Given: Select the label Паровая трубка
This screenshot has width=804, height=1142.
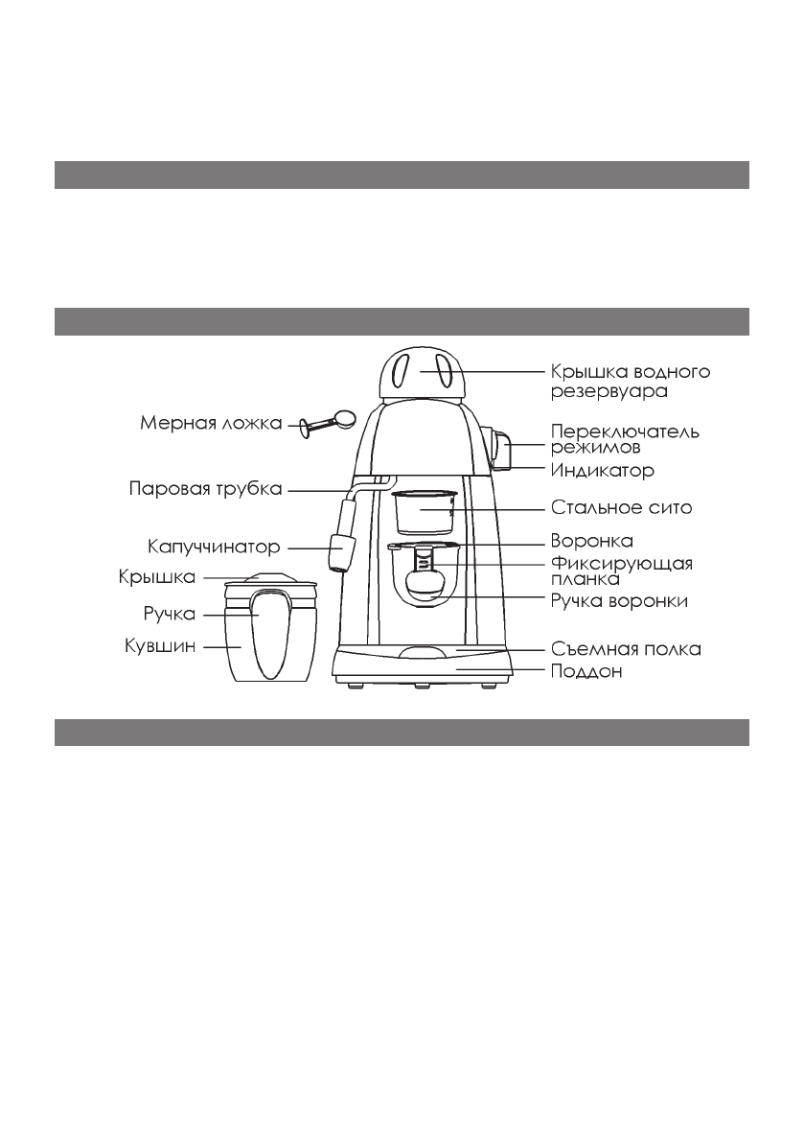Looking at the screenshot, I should [205, 490].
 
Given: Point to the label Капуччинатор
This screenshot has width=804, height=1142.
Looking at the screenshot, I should [214, 548].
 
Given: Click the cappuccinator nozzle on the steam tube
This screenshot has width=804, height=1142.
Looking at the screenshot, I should [339, 551].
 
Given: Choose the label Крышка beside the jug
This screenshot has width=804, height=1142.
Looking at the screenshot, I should [157, 577].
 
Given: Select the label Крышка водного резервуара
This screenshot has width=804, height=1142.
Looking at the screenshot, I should [630, 381].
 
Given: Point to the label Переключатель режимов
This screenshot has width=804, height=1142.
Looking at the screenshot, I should [624, 438].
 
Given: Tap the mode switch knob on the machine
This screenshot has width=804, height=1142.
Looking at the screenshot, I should [504, 450].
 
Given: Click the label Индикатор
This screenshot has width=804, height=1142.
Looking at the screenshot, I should [602, 471].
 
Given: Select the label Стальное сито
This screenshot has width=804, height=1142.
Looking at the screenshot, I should [620, 507].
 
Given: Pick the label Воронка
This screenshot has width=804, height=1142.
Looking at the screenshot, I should [591, 541].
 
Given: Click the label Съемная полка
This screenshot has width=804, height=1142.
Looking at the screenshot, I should [626, 649].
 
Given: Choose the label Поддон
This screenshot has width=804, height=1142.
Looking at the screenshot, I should [586, 672].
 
